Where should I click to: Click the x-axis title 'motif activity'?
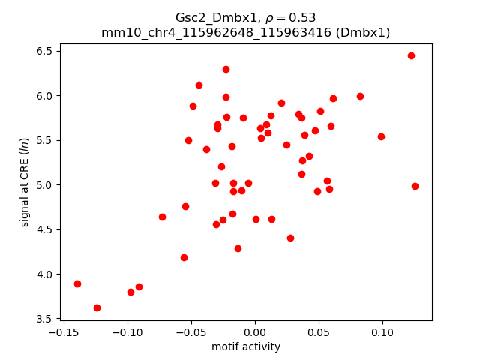tap(246, 346)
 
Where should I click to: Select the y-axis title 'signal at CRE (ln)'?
tap(25, 181)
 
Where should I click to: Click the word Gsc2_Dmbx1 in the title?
tap(210, 17)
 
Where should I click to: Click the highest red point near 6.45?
tap(411, 55)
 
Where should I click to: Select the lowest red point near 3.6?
tap(97, 307)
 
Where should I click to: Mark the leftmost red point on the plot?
tap(77, 283)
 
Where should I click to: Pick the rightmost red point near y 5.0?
tap(415, 186)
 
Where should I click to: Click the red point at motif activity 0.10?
tap(381, 136)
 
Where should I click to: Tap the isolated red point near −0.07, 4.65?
tap(162, 217)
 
